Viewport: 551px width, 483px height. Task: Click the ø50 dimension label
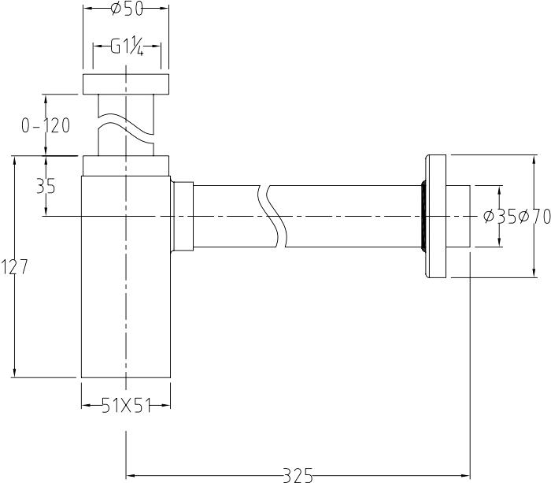pyautogui.click(x=126, y=9)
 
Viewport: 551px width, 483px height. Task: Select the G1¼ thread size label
pyautogui.click(x=127, y=47)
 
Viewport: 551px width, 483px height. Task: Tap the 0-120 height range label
pyautogui.click(x=46, y=125)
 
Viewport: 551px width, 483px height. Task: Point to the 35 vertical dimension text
pyautogui.click(x=46, y=187)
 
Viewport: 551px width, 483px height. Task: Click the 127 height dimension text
pyautogui.click(x=15, y=267)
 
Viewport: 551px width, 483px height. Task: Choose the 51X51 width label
pyautogui.click(x=126, y=405)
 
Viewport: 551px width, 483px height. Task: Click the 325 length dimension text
pyautogui.click(x=298, y=474)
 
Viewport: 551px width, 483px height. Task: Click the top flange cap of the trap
pyautogui.click(x=126, y=84)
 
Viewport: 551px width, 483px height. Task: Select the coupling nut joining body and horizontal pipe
pyautogui.click(x=183, y=217)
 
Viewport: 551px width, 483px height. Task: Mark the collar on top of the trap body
pyautogui.click(x=126, y=165)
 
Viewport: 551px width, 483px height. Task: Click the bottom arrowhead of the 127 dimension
pyautogui.click(x=15, y=373)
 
